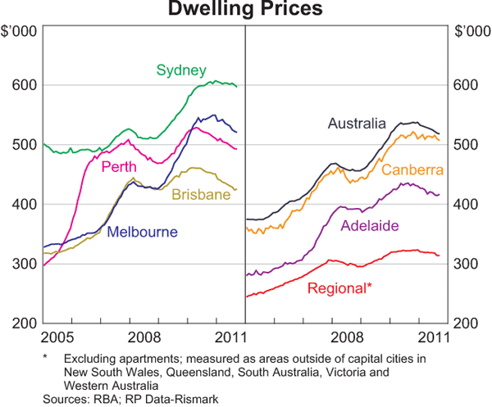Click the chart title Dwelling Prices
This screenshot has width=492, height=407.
(245, 10)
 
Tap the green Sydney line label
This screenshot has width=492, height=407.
(181, 70)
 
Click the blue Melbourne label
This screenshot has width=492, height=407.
(143, 232)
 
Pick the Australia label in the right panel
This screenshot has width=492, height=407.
(357, 124)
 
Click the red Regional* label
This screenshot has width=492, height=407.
(339, 288)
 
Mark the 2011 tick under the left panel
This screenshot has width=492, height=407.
(227, 337)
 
